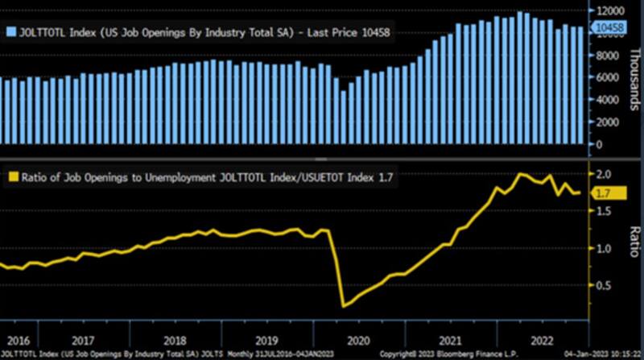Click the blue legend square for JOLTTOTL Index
[x=10, y=31]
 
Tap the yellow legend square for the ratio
[x=10, y=176]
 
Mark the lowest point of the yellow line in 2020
[x=344, y=306]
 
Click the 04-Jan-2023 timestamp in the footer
[x=592, y=354]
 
